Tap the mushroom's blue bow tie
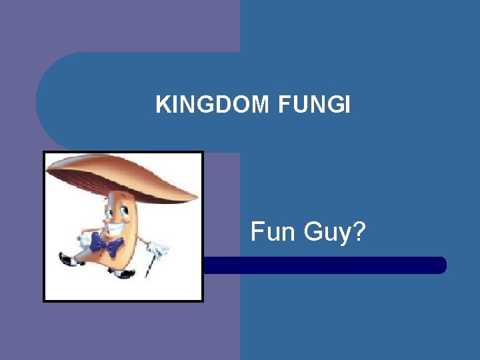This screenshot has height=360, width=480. pos(107,244)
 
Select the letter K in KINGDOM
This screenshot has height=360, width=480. pos(162,105)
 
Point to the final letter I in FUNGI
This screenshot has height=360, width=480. pos(347,105)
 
